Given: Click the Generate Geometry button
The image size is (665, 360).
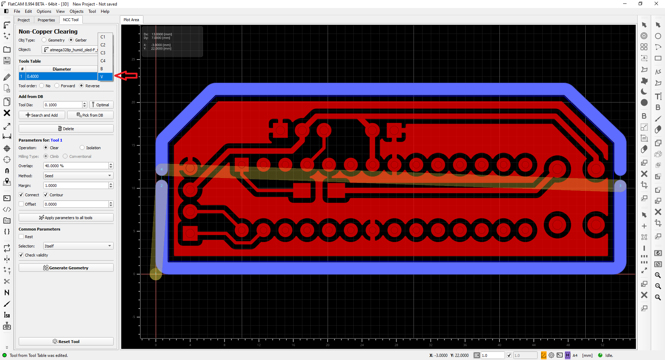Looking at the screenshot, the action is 66,268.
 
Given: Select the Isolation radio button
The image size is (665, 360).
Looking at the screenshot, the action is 82,148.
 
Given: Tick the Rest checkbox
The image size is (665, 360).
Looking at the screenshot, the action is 21,237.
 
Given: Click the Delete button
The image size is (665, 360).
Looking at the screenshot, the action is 66,129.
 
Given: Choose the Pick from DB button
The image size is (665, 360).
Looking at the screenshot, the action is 90,115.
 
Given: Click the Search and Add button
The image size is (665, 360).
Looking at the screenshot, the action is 42,115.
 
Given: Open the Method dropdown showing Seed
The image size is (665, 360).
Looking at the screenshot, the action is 78,176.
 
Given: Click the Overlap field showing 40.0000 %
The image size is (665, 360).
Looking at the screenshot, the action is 76,166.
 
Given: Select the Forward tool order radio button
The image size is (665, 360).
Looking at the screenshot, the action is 57,86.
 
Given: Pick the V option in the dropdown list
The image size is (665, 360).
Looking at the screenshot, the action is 105,76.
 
